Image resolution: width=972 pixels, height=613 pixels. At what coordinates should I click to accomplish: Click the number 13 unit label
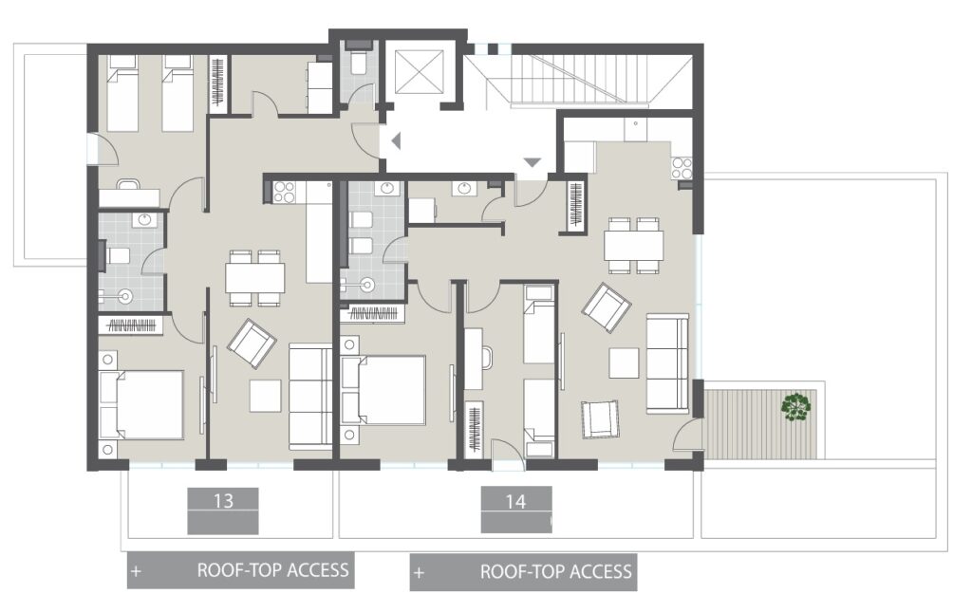223,499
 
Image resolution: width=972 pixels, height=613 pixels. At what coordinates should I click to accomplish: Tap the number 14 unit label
515,500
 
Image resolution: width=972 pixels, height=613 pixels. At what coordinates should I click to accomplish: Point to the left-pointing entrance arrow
397,142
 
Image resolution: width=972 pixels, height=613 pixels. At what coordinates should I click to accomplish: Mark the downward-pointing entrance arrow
532,163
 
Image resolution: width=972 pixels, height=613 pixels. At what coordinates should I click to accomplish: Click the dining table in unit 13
255,278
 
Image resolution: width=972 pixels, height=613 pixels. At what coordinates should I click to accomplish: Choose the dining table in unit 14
633,246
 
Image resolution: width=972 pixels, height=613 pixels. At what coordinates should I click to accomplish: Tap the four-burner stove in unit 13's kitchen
284,193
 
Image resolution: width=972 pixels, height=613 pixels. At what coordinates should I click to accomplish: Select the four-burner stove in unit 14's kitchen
682,168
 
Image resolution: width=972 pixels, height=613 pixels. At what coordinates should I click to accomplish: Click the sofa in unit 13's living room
309,395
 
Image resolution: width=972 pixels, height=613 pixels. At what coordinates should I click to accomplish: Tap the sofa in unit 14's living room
667,362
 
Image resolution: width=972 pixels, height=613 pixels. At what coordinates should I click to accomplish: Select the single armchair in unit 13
252,343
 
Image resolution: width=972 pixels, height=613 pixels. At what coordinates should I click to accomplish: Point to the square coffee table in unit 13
265,395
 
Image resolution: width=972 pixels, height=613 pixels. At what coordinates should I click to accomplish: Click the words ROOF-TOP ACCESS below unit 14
555,572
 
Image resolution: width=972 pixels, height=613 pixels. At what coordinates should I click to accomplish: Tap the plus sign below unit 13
137,572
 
